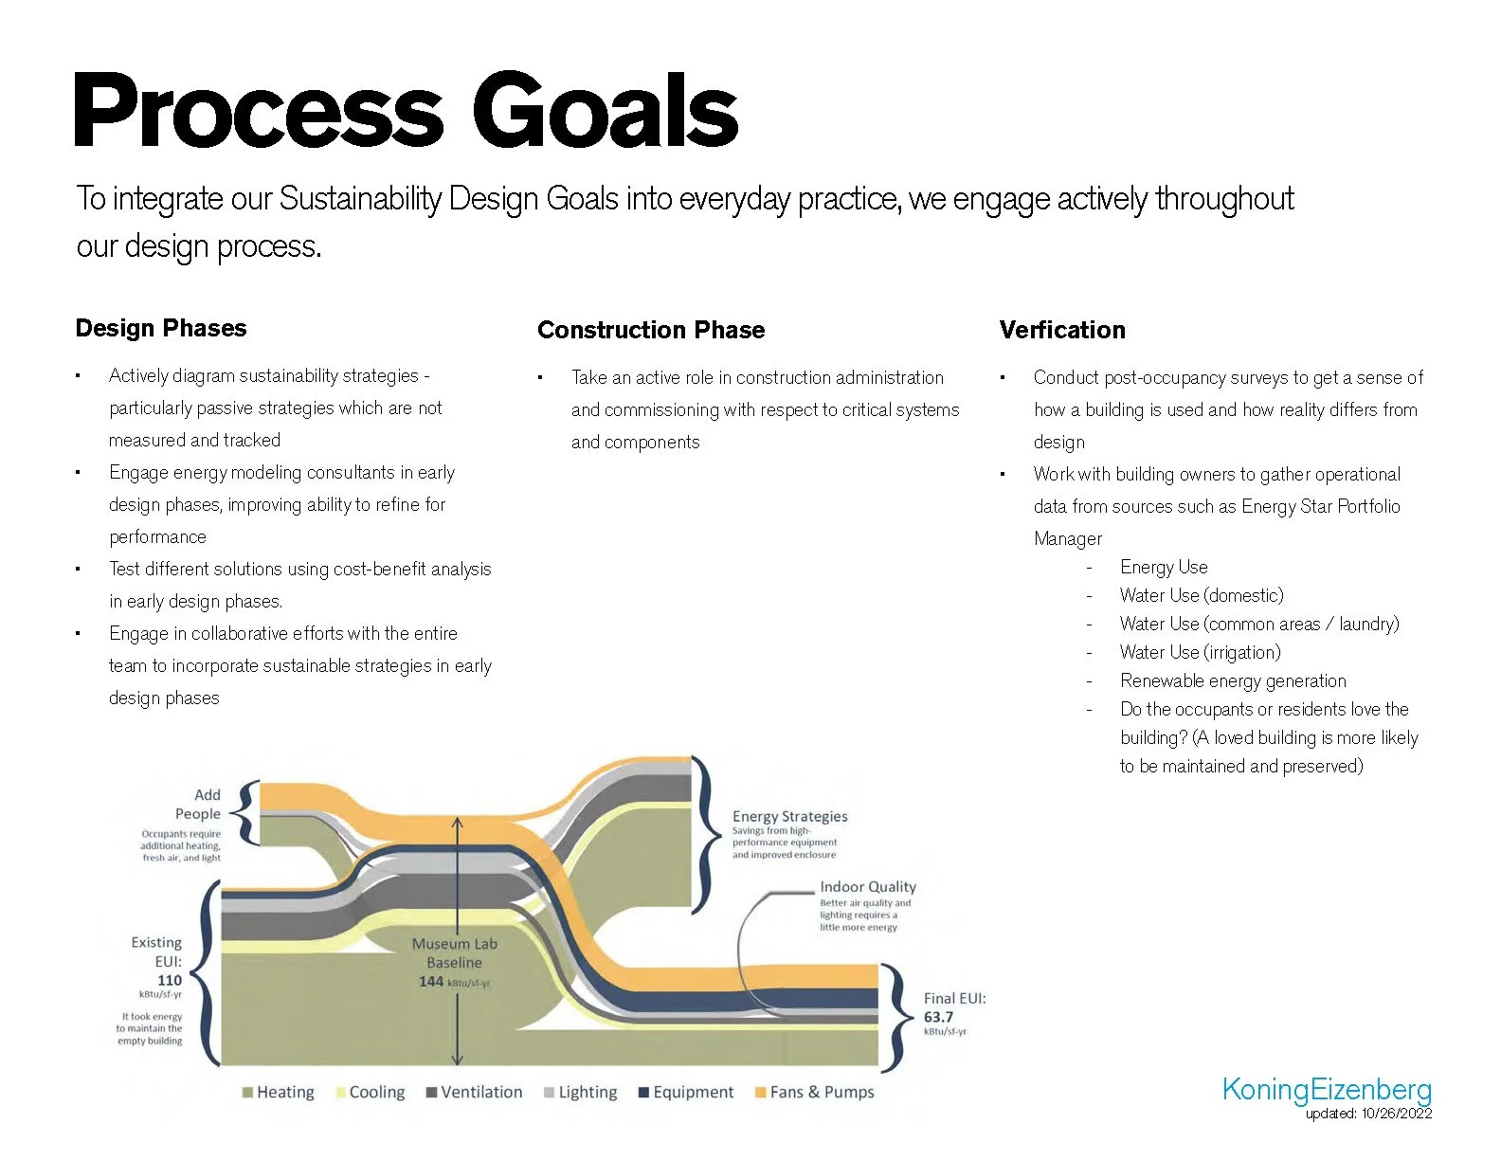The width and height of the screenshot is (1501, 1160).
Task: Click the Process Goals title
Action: coord(406,112)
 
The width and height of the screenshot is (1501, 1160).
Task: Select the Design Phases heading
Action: coord(161,328)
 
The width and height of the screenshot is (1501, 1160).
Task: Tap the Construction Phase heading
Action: coord(651,330)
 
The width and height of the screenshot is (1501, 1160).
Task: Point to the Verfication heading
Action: coord(1062,330)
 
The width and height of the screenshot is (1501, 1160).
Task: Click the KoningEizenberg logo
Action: coord(1327,1089)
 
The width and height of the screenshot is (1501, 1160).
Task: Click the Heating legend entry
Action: coord(279,1092)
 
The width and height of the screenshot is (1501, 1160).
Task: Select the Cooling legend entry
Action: coord(371,1092)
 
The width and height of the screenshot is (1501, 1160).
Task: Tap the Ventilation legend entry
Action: coord(475,1092)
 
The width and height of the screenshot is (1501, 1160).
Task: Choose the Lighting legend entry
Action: coord(581,1092)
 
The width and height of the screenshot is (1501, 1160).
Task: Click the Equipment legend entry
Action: coord(686,1092)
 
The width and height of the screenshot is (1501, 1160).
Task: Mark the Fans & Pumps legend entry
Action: coord(814,1092)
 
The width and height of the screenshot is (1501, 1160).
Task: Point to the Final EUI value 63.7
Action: coord(938,1017)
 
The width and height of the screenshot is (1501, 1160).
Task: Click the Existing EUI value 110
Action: coord(170,980)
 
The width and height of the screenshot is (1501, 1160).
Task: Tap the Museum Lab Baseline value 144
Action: coord(432,981)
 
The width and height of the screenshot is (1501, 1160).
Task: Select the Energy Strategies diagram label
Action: coord(789,816)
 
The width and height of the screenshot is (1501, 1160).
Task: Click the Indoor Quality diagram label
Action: coord(868,886)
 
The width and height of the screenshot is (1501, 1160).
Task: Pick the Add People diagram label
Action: coord(199,804)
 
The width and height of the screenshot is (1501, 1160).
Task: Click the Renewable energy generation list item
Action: coord(1233,680)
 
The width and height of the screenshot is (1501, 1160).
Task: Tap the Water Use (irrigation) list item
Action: coord(1200,652)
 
